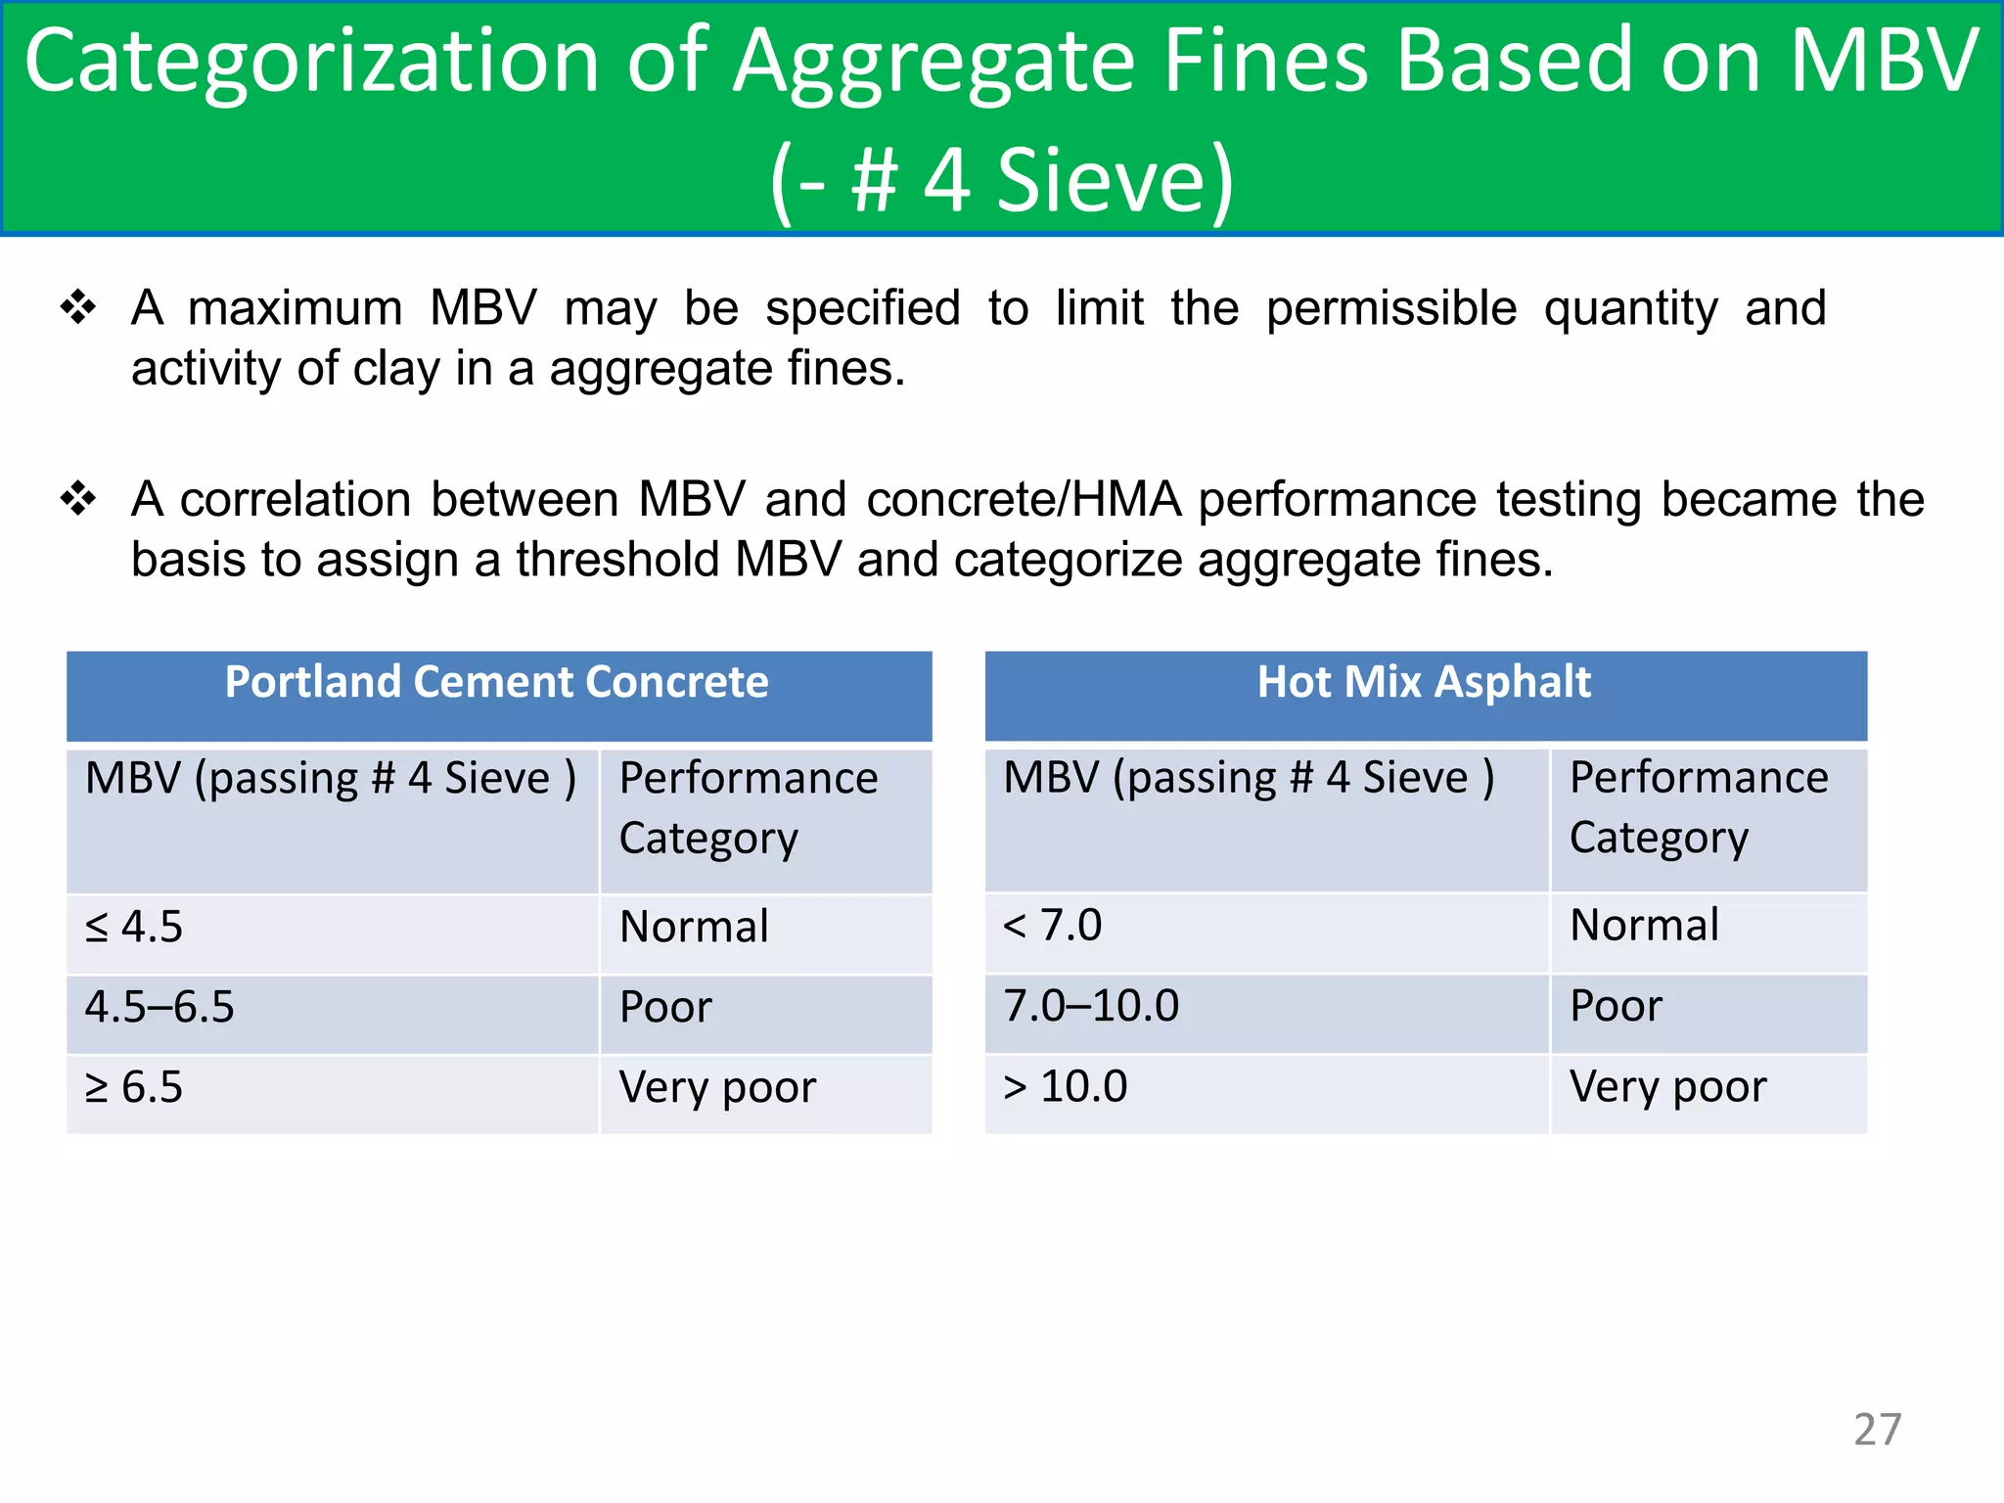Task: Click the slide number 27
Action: [1877, 1430]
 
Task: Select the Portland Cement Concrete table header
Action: [497, 682]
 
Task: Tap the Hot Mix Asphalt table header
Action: [1424, 682]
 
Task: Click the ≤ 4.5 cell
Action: [134, 927]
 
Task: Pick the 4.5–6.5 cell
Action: [159, 1007]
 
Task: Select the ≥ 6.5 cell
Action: [134, 1087]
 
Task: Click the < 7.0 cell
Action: [1053, 926]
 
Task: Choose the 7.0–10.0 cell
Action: [1091, 1006]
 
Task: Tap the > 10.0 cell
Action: [1066, 1086]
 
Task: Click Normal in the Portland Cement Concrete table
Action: [695, 927]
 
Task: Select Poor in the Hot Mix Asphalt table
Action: [1616, 1006]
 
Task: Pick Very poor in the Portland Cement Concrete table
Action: [717, 1087]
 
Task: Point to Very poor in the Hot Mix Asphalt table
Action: [1668, 1086]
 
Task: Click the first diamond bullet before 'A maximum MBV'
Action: [78, 307]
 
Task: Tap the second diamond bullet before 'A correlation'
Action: [78, 499]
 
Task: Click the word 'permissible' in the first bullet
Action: [1390, 309]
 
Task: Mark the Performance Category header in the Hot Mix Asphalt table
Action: [1699, 807]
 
